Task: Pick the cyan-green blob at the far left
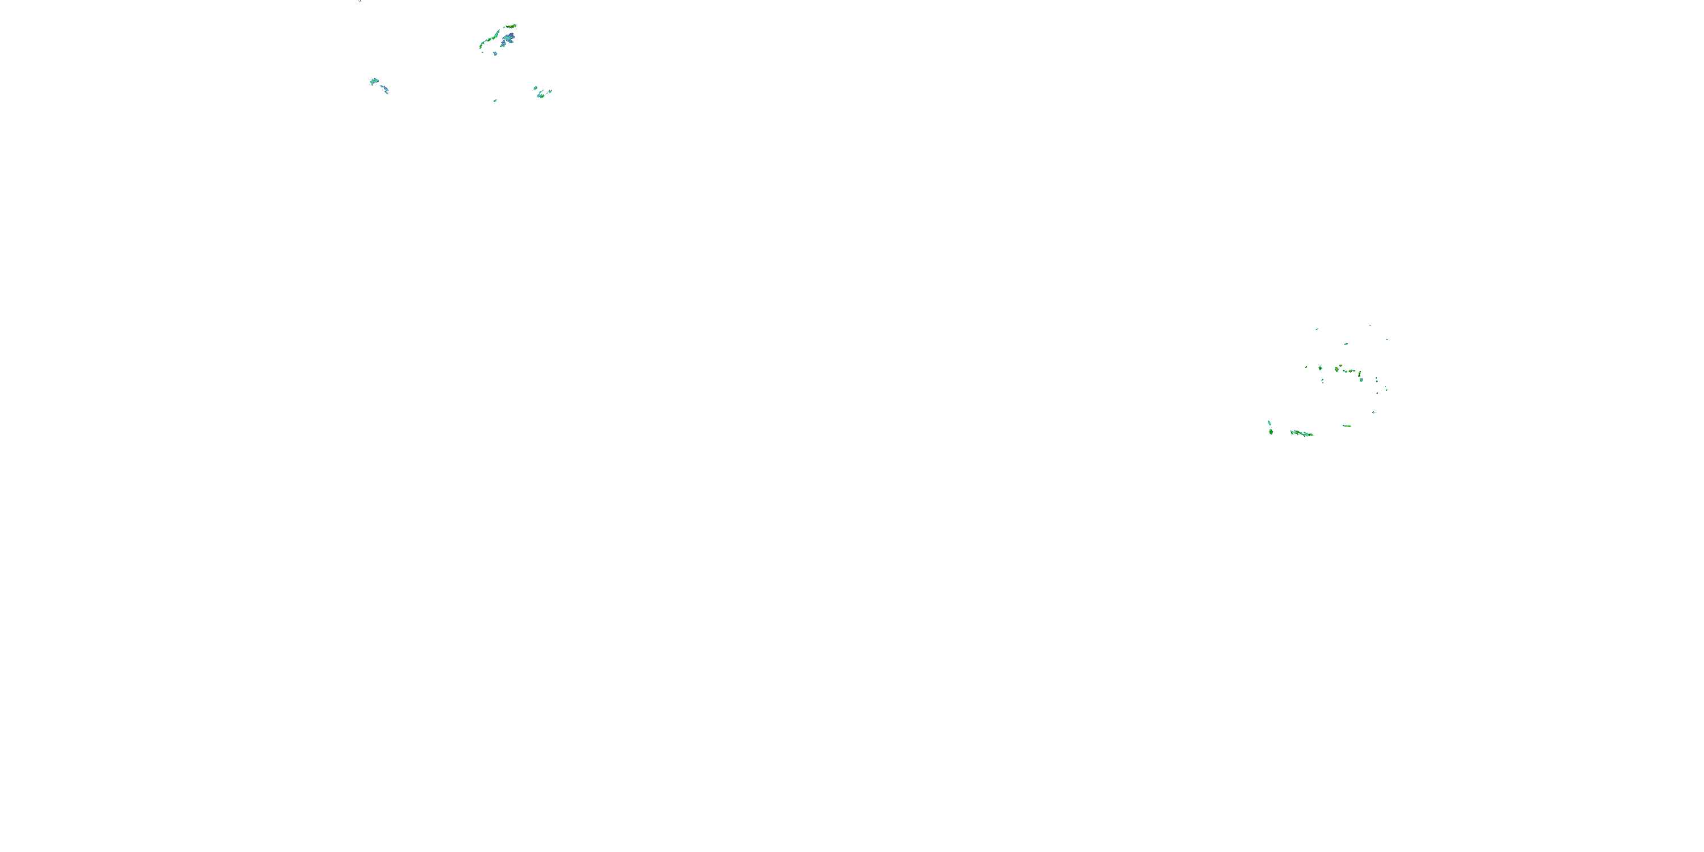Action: pos(375,81)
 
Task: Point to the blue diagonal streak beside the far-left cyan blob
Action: pos(385,88)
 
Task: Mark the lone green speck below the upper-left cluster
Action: pos(495,101)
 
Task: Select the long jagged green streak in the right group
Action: pos(1302,433)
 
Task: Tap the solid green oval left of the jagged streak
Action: pos(1271,432)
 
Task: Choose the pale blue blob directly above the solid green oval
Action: pos(1269,423)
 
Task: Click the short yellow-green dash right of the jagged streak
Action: pos(1347,426)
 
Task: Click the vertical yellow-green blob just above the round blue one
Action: pos(1360,374)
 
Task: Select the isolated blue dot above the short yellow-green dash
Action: pos(1374,412)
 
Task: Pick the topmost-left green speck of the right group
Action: pos(1317,329)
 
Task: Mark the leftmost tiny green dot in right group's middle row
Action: pos(1306,367)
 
